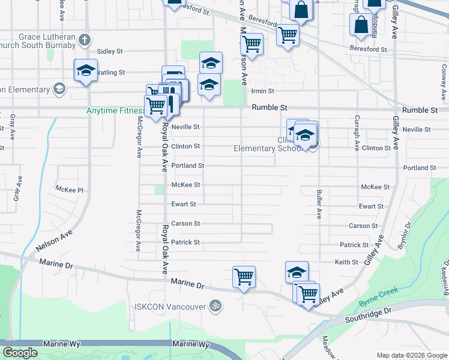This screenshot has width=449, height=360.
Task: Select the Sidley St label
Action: [109, 52]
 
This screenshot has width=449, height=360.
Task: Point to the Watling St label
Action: [110, 72]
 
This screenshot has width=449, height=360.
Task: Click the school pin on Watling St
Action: [86, 70]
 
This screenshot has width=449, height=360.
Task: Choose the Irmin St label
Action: [262, 91]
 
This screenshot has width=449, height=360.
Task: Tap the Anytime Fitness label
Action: [115, 110]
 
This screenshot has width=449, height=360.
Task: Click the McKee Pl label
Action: [70, 189]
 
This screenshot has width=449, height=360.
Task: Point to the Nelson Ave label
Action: [53, 240]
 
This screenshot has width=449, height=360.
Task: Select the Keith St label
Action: [346, 262]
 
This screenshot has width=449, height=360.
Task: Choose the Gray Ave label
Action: [17, 188]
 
